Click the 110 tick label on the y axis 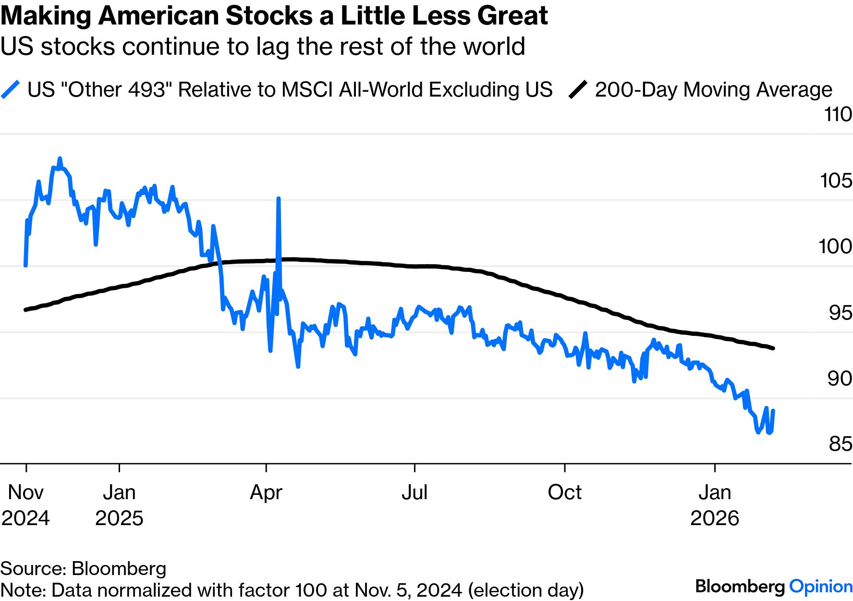point(838,115)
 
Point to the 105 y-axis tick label point(836,181)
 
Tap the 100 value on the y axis point(835,246)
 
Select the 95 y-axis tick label point(840,313)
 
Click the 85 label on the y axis point(840,444)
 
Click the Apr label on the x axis point(266,492)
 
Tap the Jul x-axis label point(414,492)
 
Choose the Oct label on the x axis point(564,492)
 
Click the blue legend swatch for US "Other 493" point(11,90)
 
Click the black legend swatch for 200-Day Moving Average point(578,90)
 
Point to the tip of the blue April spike point(279,198)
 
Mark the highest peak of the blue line point(60,158)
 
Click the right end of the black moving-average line point(773,348)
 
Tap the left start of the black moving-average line point(25,310)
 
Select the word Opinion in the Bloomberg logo point(821,587)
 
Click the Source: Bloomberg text point(83,568)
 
